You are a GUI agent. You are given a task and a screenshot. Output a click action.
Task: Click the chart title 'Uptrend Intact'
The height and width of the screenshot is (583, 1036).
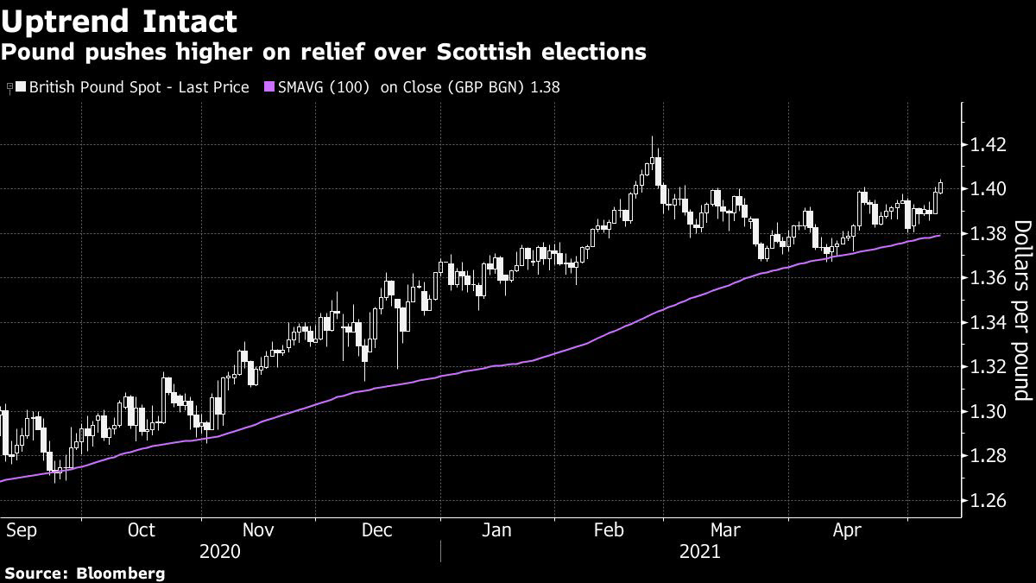point(121,21)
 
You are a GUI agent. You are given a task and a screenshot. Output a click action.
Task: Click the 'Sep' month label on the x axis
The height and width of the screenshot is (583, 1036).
point(22,529)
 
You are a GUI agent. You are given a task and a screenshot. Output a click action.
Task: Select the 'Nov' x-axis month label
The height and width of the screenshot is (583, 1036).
point(257,529)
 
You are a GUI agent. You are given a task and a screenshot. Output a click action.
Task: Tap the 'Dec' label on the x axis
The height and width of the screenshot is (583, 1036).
point(377,529)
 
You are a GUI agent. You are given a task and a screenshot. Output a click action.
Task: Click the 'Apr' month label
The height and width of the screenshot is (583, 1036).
point(850,529)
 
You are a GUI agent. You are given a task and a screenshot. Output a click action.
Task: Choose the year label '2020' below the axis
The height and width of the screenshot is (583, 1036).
point(221,551)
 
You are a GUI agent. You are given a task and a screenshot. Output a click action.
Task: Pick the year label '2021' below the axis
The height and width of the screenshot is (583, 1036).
point(699,551)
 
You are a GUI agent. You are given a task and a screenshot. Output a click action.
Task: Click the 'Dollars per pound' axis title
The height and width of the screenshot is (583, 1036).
point(1022,310)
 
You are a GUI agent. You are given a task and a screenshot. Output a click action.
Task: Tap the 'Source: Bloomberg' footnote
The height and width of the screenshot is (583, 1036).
point(85,573)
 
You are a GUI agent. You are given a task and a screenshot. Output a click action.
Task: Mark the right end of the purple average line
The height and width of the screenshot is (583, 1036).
point(940,235)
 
